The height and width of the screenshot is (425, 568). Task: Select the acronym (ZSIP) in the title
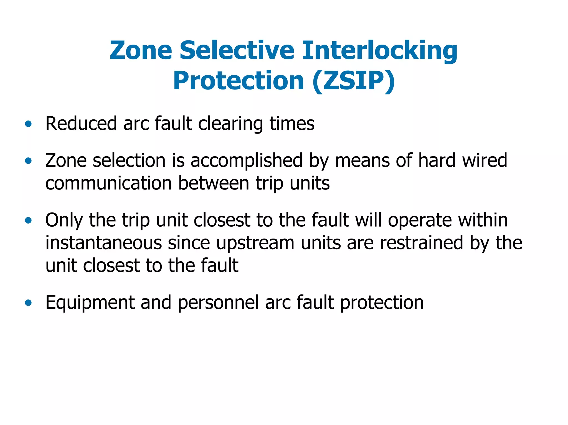353,81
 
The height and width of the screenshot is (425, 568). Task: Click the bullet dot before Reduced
28,124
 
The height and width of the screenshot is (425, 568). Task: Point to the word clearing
230,124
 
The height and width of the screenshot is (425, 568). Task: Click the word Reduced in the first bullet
81,124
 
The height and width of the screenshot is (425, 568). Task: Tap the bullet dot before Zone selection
28,161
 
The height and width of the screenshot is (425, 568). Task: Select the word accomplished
247,161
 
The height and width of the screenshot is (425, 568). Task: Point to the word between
214,183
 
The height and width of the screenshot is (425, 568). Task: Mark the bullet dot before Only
28,221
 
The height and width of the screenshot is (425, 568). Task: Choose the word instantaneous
103,243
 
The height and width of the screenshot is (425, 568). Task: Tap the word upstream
255,243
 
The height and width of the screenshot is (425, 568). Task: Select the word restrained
421,243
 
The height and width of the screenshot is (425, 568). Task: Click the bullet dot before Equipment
28,303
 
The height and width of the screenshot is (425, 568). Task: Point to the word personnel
218,303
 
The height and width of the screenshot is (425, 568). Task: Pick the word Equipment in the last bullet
90,303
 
